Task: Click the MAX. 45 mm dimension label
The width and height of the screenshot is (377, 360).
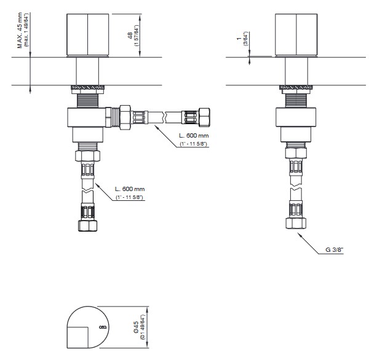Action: pyautogui.click(x=20, y=30)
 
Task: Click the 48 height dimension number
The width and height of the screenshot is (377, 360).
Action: pyautogui.click(x=130, y=36)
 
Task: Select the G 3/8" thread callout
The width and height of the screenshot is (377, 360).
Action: pyautogui.click(x=334, y=249)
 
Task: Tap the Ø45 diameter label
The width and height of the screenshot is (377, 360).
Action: pyautogui.click(x=136, y=327)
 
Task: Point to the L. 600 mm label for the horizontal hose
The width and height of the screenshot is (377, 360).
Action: pyautogui.click(x=194, y=135)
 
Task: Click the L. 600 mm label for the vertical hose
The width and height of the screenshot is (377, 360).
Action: pyautogui.click(x=130, y=189)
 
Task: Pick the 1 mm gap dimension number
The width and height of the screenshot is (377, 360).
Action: pyautogui.click(x=239, y=39)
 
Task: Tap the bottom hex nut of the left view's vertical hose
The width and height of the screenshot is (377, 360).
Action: pyautogui.click(x=87, y=225)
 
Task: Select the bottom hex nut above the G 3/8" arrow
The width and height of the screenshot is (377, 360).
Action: pyautogui.click(x=296, y=223)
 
